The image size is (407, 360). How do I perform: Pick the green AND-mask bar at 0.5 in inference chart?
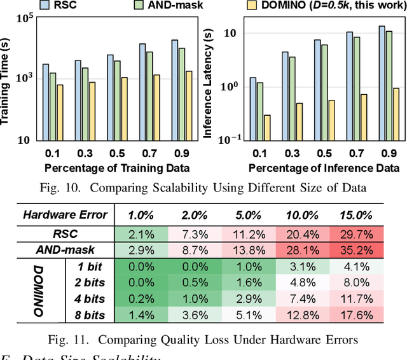pyautogui.click(x=324, y=91)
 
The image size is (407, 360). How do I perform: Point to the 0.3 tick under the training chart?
pyautogui.click(x=81, y=153)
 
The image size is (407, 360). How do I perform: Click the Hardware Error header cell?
pyautogui.click(x=66, y=214)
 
